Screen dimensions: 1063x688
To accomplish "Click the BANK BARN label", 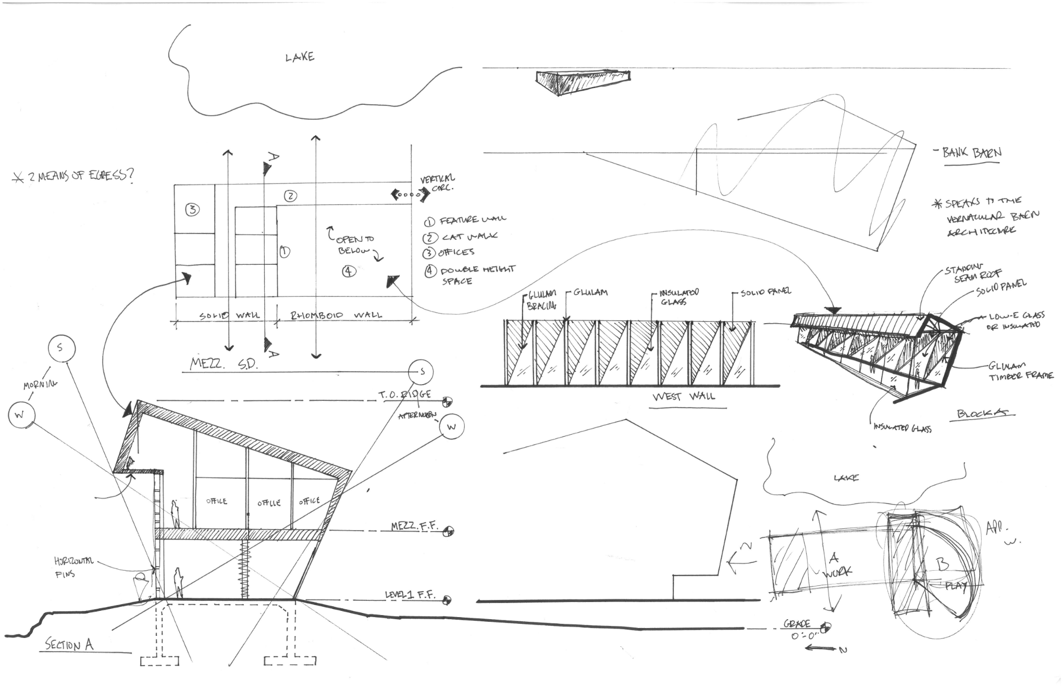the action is tap(972, 153).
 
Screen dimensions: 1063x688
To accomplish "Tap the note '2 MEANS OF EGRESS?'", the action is tap(73, 176).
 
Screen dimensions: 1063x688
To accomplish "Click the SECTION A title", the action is tap(69, 645).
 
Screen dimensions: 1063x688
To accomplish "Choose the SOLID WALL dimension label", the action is tap(229, 315).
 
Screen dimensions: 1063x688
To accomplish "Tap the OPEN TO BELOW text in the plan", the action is tap(354, 244).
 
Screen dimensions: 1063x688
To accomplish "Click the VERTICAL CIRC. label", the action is tap(438, 182).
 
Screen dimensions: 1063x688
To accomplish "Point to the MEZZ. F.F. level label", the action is tap(412, 526).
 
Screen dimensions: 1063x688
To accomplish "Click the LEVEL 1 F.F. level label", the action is tap(410, 595).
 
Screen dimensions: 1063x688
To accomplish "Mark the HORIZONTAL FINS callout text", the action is tap(73, 567).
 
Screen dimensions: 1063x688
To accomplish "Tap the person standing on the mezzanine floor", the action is tap(176, 514).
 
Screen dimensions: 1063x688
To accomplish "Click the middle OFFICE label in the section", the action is tap(269, 502).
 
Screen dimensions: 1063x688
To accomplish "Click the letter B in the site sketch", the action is tap(942, 564).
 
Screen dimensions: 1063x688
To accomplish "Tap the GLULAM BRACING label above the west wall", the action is tap(542, 300).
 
